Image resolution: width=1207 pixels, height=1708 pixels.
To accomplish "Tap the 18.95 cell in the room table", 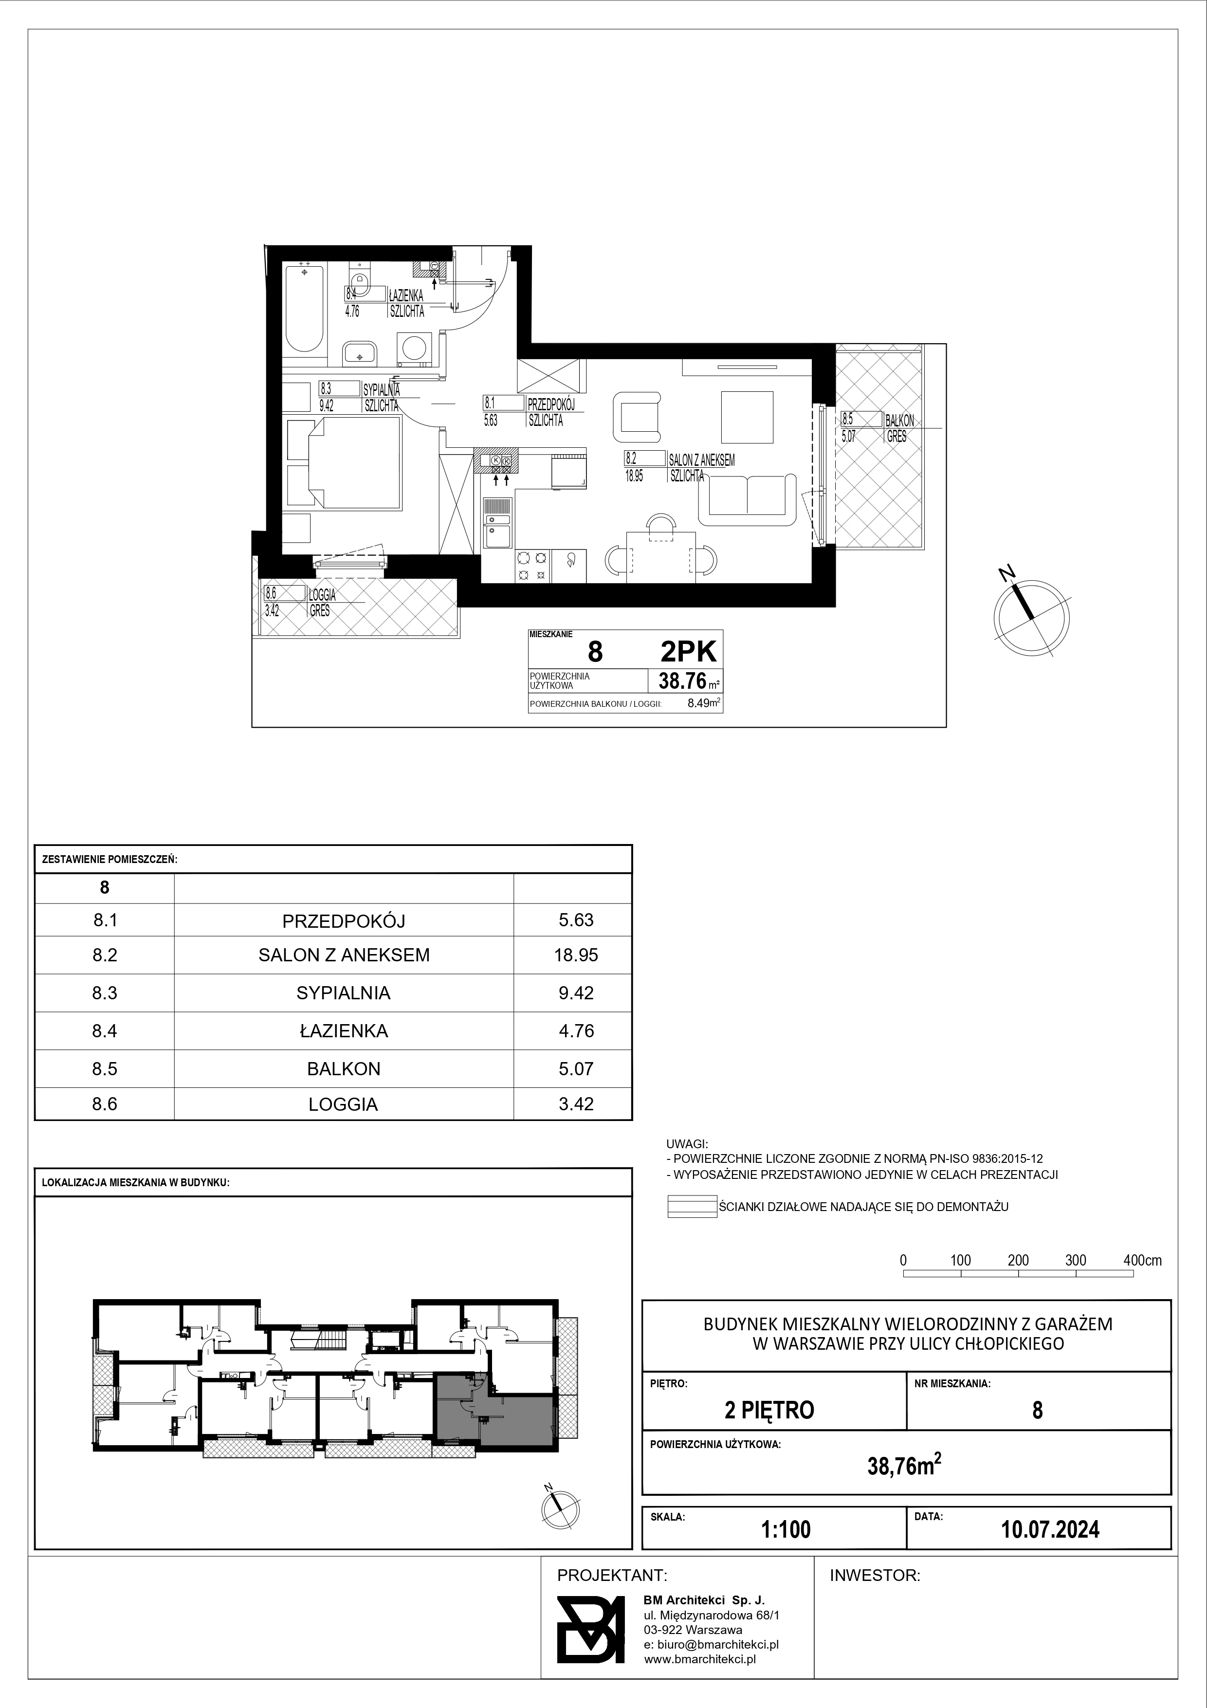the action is tap(576, 955).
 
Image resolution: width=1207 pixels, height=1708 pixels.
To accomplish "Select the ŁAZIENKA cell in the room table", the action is tap(344, 1031).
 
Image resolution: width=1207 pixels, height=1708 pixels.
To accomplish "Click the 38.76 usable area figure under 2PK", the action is tap(682, 680).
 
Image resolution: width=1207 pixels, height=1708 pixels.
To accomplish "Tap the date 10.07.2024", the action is tap(1050, 1529).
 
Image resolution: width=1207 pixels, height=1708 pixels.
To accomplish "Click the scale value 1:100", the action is tap(786, 1529).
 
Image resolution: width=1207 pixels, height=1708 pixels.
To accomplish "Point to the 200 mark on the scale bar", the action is tap(1018, 1260).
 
